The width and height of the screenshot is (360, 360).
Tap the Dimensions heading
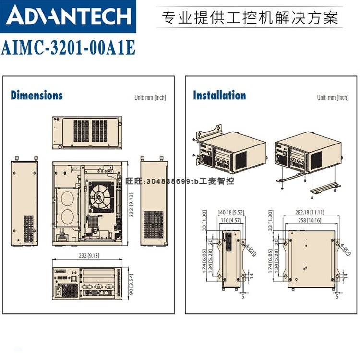pos(36,95)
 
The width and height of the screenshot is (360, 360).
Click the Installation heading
pos(219,95)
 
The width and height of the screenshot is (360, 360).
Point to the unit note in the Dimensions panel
pos(150,97)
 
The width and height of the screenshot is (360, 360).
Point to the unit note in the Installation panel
pos(332,97)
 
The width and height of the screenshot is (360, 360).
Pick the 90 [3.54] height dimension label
pos(131,281)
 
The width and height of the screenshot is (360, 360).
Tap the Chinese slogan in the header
pos(251,18)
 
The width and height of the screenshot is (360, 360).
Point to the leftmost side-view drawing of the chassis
pos(24,202)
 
